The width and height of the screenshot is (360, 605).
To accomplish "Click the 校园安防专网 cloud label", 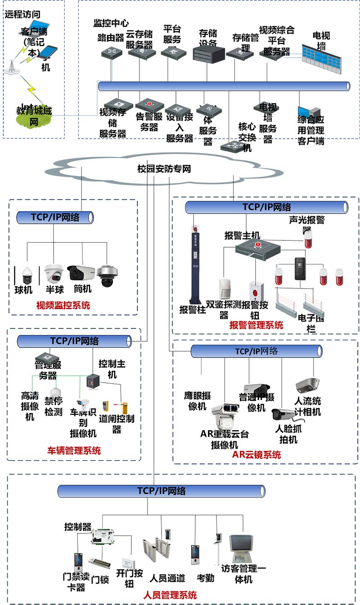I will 164,169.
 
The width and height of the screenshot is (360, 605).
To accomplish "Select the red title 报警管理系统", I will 256,325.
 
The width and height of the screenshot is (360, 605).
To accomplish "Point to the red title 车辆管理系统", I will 74,450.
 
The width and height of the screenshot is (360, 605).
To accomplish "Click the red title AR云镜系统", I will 256,455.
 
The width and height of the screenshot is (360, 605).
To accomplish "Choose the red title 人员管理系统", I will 170,595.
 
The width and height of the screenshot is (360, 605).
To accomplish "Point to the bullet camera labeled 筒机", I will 81,272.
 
